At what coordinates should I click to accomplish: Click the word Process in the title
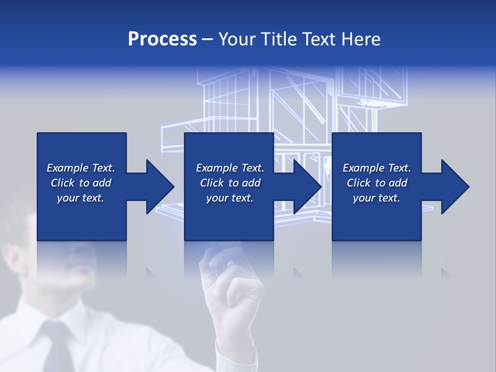(162, 39)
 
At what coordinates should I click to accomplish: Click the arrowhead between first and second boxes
(160, 187)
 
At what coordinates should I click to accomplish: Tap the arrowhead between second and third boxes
(307, 187)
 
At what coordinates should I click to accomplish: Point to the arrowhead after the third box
(455, 187)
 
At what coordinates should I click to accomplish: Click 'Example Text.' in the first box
(81, 168)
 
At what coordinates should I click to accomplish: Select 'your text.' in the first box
(81, 198)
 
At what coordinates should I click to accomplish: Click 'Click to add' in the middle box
(230, 183)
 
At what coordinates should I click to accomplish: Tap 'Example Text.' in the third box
(377, 168)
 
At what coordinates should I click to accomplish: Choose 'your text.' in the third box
(377, 198)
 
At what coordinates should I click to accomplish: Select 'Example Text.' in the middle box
(230, 168)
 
